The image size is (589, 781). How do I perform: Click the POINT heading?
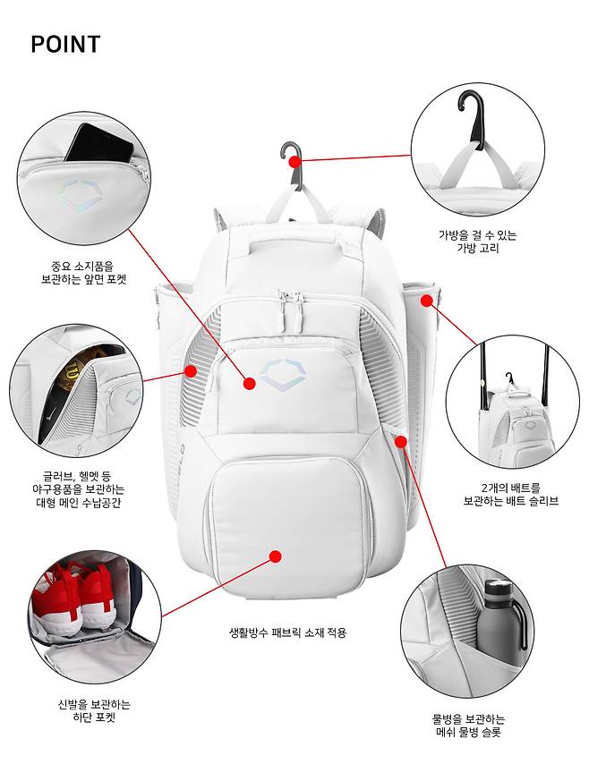(x=65, y=45)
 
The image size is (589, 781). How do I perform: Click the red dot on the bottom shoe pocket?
(x=276, y=556)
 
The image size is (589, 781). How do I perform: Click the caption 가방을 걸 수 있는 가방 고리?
(x=477, y=242)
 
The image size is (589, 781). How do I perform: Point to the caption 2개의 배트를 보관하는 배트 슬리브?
(x=510, y=494)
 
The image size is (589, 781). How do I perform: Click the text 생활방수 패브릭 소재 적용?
(x=286, y=632)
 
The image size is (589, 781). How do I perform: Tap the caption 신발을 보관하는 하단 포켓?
(x=93, y=710)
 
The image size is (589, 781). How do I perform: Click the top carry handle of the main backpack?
(x=288, y=240)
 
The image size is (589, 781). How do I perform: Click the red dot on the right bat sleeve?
(x=427, y=300)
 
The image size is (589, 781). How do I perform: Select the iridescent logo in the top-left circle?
(x=79, y=191)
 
